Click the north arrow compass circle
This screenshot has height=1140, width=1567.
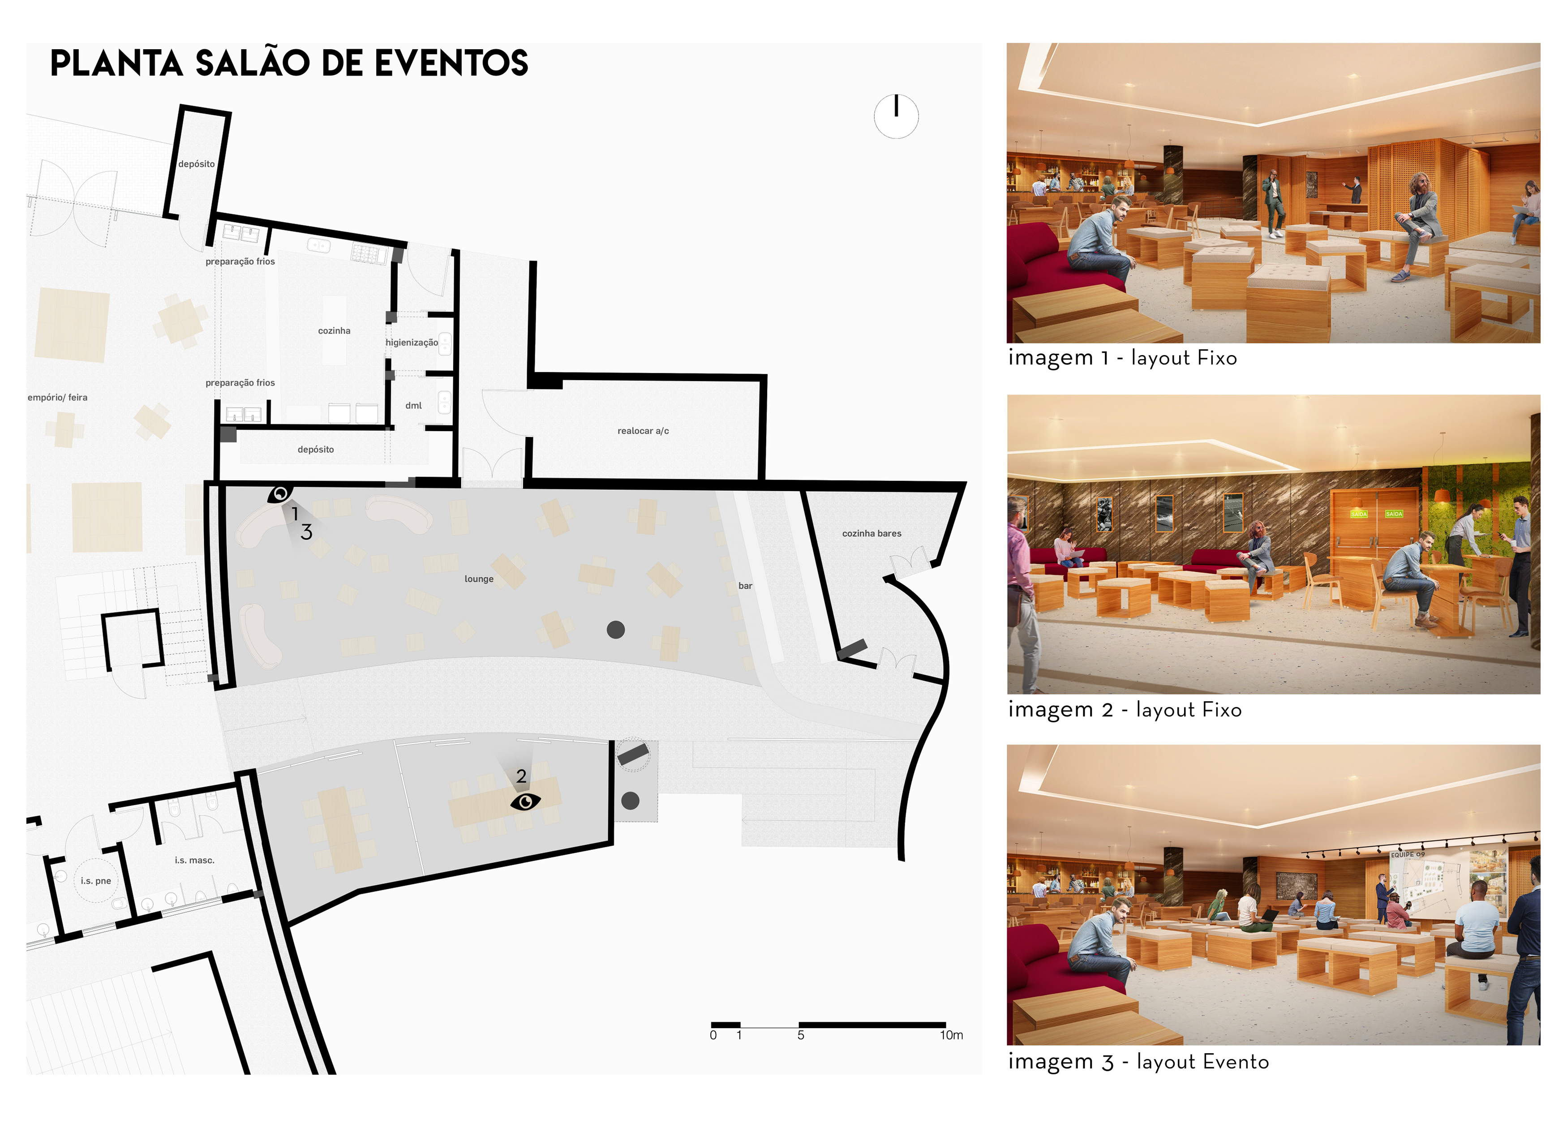(896, 117)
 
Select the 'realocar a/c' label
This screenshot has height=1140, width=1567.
(643, 431)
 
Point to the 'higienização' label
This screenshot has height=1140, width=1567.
(412, 343)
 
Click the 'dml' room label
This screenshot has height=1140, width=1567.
(413, 406)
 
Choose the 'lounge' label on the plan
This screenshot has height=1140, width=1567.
(479, 579)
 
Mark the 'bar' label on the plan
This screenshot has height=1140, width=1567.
(745, 586)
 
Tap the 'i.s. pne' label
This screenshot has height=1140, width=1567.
(95, 881)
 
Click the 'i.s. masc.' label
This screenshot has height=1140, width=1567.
(194, 860)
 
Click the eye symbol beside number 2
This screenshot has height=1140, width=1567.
(525, 801)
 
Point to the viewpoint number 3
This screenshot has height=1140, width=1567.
(306, 532)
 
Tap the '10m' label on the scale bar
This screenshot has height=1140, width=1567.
(951, 1035)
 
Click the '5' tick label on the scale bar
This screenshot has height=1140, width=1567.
(801, 1035)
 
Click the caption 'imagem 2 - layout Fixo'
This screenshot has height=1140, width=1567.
(1124, 710)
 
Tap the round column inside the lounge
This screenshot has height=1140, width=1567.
(616, 630)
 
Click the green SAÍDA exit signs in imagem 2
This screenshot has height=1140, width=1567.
(1376, 514)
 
